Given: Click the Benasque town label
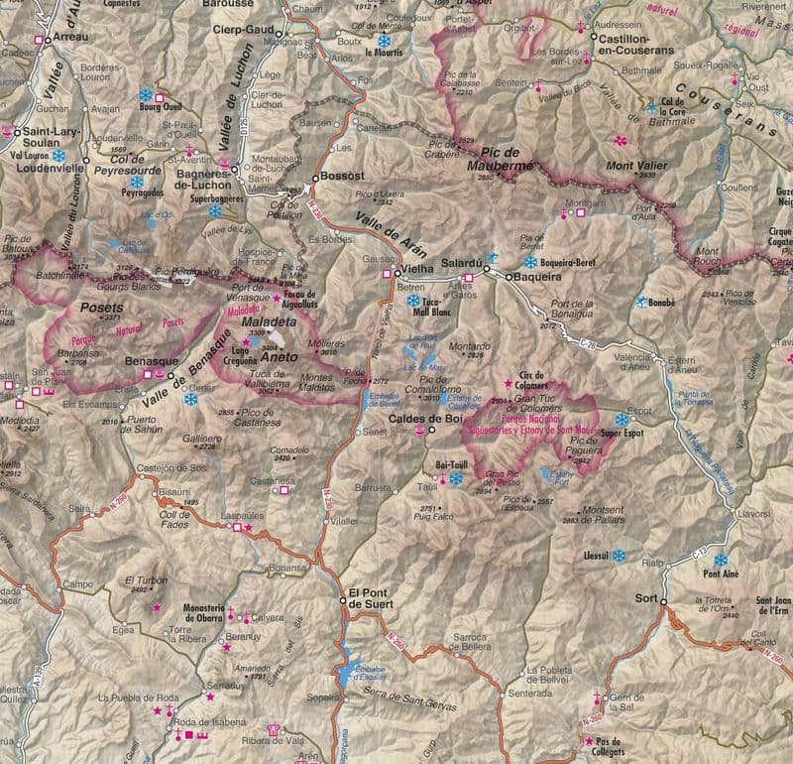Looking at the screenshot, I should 151,362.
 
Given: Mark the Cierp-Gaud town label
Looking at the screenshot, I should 242,30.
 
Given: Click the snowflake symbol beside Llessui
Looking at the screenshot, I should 619,556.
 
